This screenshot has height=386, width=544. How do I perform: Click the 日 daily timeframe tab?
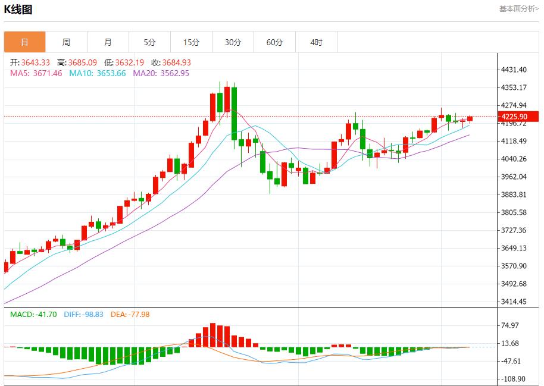(x=24, y=42)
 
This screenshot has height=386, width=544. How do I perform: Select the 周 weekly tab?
(x=66, y=42)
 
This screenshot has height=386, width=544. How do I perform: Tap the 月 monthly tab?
(x=108, y=42)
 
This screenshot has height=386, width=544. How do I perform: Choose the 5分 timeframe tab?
(x=149, y=42)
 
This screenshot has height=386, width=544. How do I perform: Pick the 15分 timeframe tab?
(x=191, y=42)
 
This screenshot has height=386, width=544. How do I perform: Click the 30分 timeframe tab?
(x=233, y=42)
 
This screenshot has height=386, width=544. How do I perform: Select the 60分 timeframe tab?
(x=274, y=42)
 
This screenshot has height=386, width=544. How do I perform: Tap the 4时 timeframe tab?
(x=316, y=42)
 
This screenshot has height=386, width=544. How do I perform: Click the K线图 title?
(x=18, y=10)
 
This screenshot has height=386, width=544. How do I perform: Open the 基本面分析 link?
(x=518, y=9)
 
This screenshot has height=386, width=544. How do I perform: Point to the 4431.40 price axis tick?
(x=514, y=70)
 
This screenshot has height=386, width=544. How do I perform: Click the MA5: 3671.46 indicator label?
(x=36, y=73)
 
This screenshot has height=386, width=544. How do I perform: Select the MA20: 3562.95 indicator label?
(x=161, y=73)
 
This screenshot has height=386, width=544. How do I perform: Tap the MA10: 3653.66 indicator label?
(x=98, y=73)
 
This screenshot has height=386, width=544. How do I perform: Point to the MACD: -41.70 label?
(x=33, y=314)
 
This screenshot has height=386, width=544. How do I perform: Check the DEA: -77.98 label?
(x=130, y=314)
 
